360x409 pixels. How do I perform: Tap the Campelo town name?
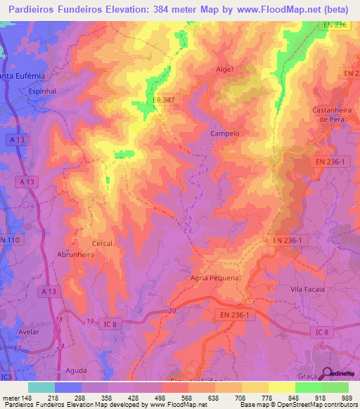[225, 133]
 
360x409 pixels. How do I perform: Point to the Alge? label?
[226, 70]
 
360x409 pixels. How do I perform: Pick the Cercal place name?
[103, 243]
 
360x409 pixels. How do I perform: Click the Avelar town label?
[28, 332]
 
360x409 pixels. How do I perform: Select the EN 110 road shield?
[11, 240]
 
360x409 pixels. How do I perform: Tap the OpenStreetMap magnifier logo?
[325, 373]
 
